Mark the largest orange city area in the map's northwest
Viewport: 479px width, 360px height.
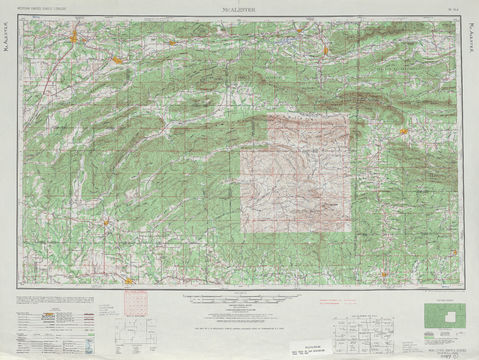[x=75, y=39]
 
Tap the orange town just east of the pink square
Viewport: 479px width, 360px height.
[x=403, y=131]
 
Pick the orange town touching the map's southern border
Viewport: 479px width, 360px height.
[x=129, y=282]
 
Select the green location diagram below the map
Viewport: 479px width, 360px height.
[x=439, y=317]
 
